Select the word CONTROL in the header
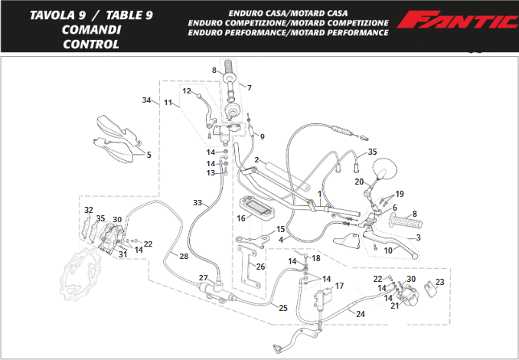(x=91, y=44)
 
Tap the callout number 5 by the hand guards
(x=149, y=155)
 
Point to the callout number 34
(x=146, y=100)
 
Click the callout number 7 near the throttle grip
(x=249, y=87)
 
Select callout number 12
(x=185, y=91)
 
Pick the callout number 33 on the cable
(x=197, y=203)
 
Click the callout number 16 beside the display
(x=240, y=219)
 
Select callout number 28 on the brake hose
(x=184, y=256)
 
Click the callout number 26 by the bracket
(x=260, y=267)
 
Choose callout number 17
(x=340, y=286)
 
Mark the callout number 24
(x=361, y=313)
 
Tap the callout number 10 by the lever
(x=388, y=250)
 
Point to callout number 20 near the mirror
(x=358, y=182)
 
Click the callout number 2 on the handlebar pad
(x=257, y=160)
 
